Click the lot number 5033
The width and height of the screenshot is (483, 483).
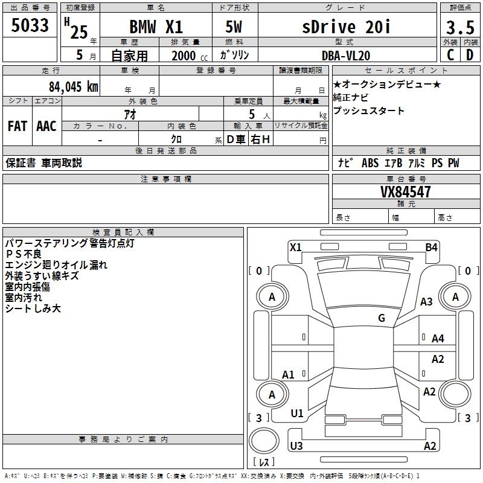[x=30, y=27]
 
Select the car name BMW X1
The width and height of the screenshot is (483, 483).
[x=156, y=27]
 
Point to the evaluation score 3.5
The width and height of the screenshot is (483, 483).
[x=459, y=28]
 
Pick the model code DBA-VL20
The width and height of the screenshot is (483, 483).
[x=347, y=55]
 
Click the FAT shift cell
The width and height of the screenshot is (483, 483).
[x=18, y=126]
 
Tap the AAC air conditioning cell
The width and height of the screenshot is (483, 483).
[x=46, y=126]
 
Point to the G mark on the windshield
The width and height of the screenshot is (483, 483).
[x=382, y=318]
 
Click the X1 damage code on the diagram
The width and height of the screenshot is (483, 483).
[x=296, y=247]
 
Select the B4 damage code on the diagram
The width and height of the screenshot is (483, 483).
[x=431, y=247]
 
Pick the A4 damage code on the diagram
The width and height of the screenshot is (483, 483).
[x=438, y=339]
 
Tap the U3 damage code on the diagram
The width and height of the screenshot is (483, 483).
[x=296, y=446]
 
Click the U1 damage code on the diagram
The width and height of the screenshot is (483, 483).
[x=297, y=414]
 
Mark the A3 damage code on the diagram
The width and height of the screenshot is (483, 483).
[x=427, y=302]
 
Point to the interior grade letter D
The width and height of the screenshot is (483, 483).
[x=469, y=55]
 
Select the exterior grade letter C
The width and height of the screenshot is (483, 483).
[x=450, y=55]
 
